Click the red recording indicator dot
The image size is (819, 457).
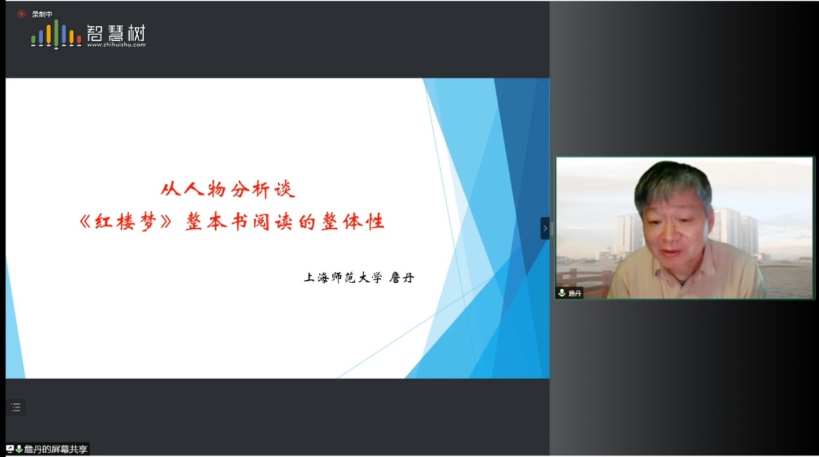21,14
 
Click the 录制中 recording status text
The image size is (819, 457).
42,14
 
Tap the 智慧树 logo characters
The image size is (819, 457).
116,34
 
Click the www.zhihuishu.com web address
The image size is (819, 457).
116,44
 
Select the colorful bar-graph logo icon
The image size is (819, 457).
56,34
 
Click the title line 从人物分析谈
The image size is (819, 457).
228,190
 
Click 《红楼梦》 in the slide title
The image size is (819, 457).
126,222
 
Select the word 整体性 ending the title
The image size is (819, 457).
353,222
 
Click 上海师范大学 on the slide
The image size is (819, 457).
343,278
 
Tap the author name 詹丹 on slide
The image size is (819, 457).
401,278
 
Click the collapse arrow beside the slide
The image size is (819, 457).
544,228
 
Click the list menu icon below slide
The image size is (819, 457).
15,407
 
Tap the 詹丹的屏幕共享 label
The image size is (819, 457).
55,449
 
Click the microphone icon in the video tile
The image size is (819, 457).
562,293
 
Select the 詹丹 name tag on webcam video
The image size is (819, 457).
575,293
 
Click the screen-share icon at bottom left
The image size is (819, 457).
10,449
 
